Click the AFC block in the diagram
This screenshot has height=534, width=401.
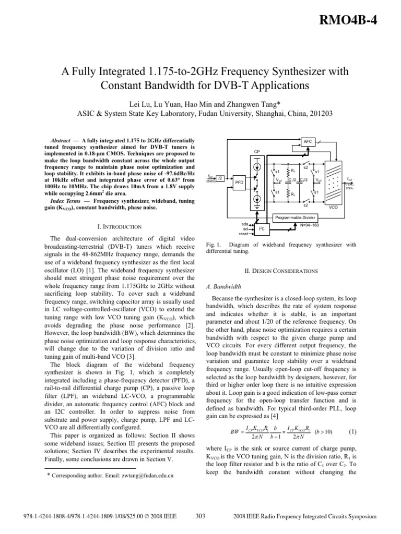click(x=307, y=141)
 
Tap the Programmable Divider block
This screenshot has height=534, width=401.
click(x=295, y=216)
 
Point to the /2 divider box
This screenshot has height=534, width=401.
click(x=221, y=178)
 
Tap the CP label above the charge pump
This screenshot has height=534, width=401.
click(x=256, y=151)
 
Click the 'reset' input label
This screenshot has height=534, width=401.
click(x=243, y=234)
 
